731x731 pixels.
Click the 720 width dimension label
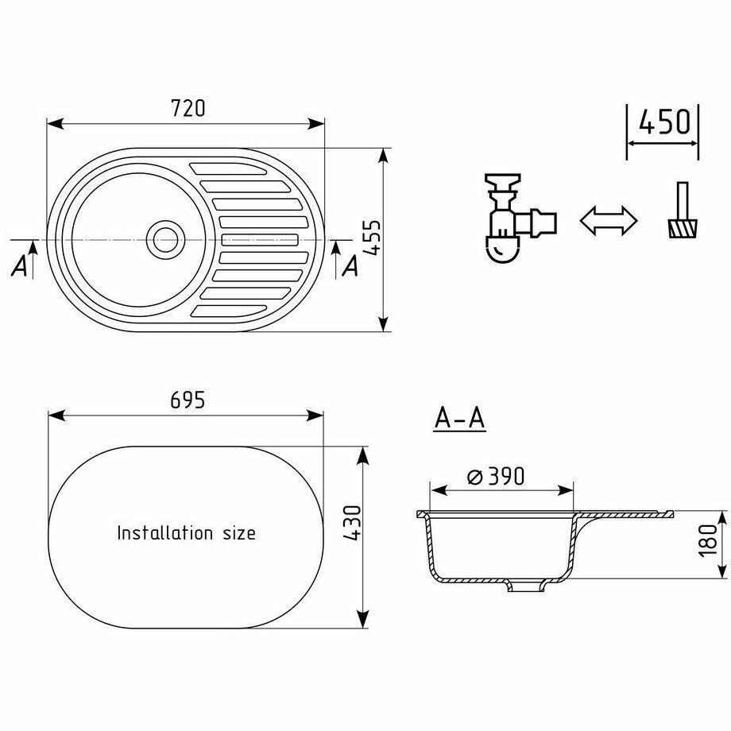[189, 108]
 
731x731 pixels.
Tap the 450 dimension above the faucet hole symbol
[663, 122]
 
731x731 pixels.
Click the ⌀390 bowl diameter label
[496, 476]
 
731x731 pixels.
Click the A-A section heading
[460, 418]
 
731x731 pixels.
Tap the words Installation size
[186, 532]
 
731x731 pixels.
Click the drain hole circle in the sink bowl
[165, 238]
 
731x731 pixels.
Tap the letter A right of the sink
[349, 268]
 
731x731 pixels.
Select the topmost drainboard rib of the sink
[228, 168]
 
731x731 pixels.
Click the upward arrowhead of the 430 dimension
[363, 454]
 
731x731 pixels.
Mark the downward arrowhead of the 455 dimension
[384, 323]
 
